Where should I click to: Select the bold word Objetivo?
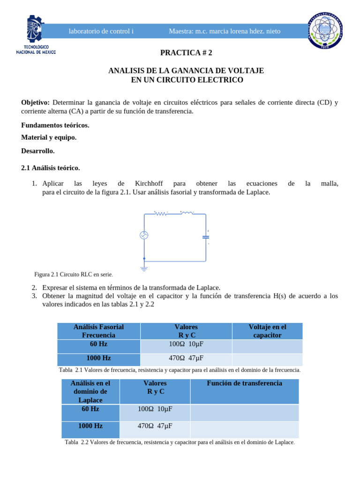point(36,103)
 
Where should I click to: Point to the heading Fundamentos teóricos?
point(55,125)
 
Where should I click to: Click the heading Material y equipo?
point(49,137)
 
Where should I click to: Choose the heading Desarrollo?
point(38,151)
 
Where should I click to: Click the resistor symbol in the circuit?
point(161,213)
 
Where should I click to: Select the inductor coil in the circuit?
point(187,213)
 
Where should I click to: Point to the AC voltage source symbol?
point(144,235)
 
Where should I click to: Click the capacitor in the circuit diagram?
point(205,237)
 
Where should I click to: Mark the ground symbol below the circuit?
point(144,269)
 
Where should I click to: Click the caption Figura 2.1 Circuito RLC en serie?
point(74,274)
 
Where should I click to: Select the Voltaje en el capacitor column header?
point(267,331)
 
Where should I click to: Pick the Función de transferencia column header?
point(244,383)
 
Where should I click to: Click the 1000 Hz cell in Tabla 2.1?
point(98,358)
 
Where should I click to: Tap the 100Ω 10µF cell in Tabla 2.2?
point(155,409)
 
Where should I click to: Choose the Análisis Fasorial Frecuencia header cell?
point(98,331)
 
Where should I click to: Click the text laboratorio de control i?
point(101,31)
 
